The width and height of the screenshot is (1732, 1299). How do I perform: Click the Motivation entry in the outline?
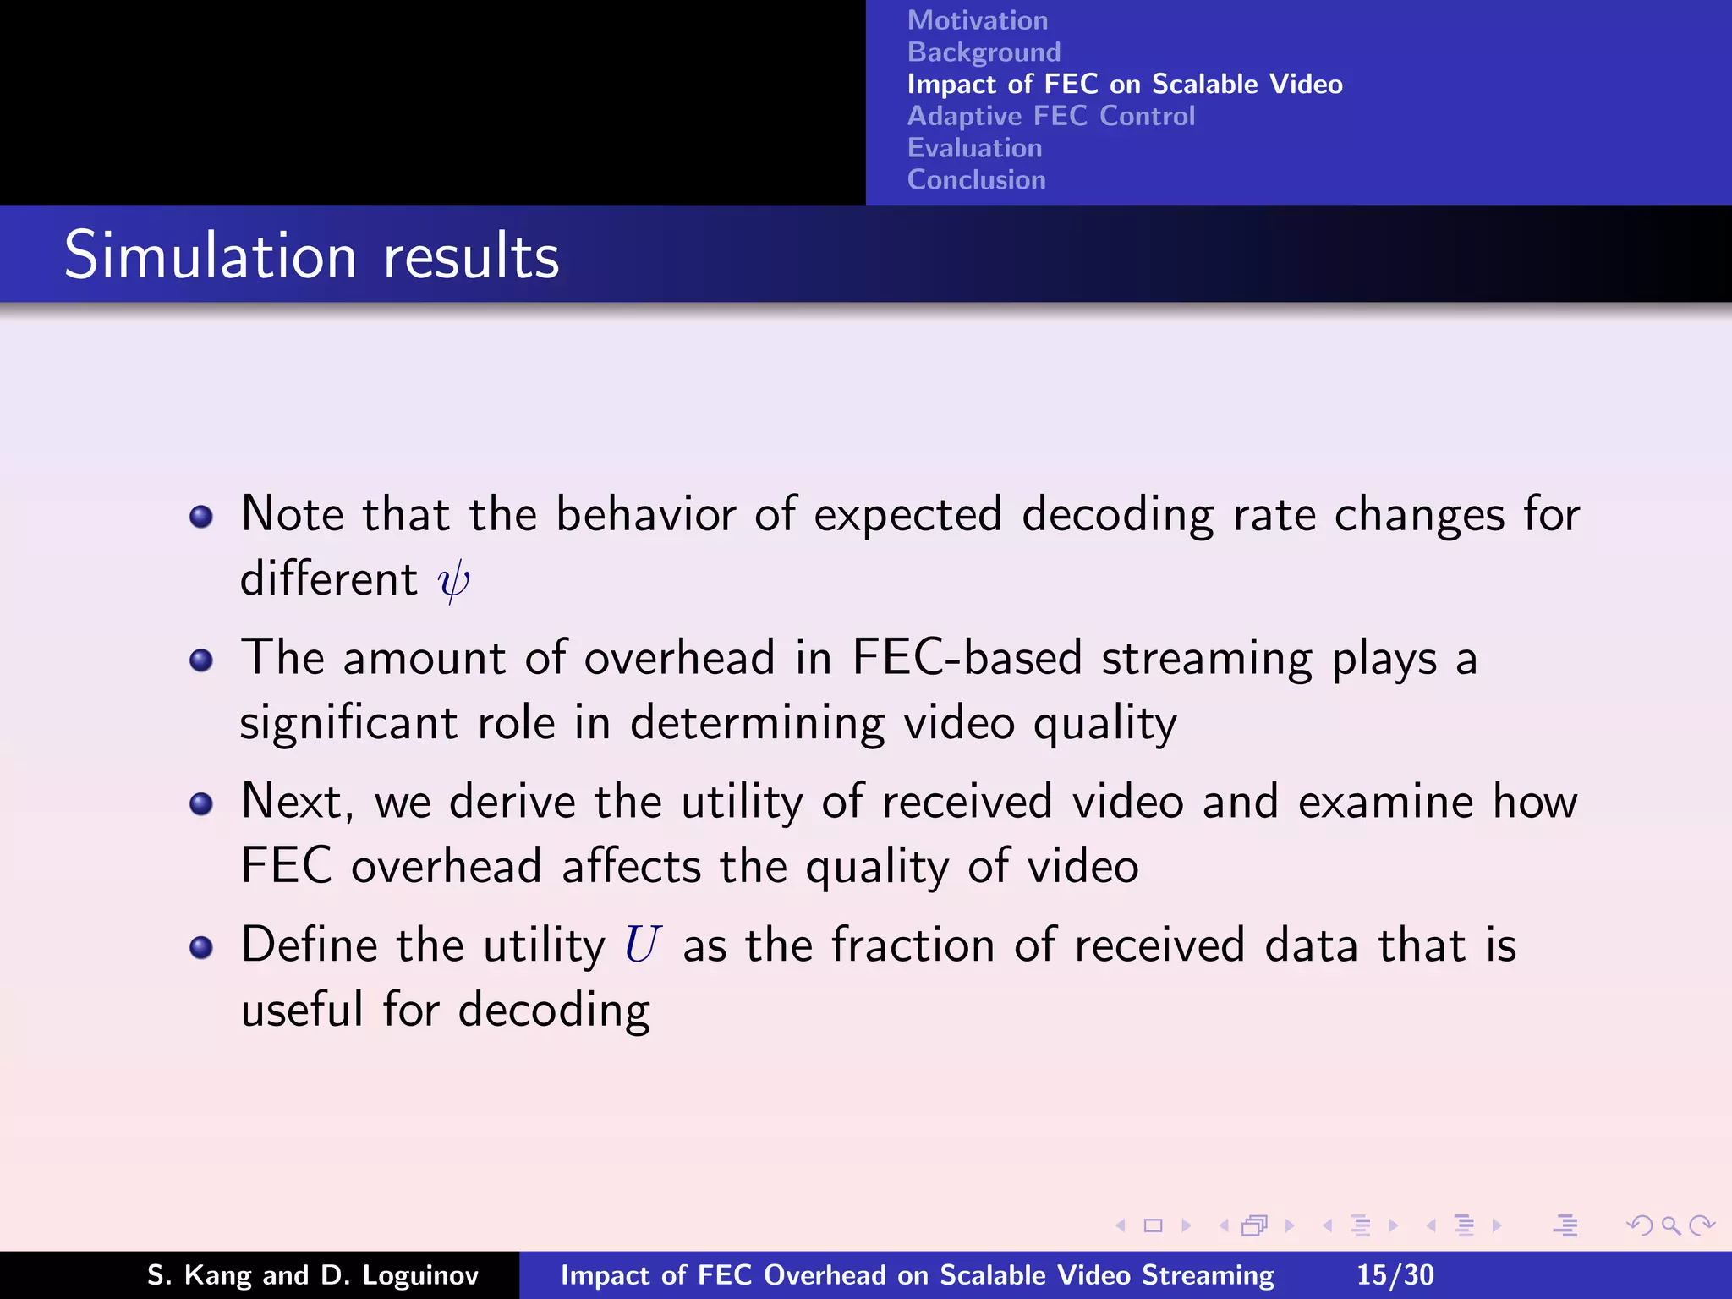(977, 20)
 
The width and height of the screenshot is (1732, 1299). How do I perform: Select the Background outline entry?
(984, 52)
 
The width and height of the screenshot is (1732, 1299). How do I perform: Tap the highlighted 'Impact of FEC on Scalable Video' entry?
(1124, 85)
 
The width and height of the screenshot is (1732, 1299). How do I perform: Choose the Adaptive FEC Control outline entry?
(1050, 116)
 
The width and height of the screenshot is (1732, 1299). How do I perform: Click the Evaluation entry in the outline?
(974, 148)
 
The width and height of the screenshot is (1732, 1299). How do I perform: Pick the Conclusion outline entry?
(976, 179)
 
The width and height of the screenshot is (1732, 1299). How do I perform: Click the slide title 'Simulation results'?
(311, 255)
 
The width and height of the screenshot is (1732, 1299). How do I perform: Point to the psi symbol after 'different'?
(453, 581)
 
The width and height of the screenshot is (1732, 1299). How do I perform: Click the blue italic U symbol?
(642, 945)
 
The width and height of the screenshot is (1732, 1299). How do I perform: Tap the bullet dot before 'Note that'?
(201, 516)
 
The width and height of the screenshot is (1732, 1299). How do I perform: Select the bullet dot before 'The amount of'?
(201, 660)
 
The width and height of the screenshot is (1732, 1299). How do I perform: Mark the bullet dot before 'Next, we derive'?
(201, 803)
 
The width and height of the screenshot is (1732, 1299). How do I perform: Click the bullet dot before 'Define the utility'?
(201, 947)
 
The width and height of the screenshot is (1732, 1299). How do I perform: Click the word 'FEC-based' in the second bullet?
(967, 658)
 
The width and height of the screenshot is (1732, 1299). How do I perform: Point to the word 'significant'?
(348, 724)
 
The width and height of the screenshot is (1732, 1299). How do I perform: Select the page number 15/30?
(1395, 1274)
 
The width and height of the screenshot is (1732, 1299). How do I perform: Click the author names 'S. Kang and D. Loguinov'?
(313, 1274)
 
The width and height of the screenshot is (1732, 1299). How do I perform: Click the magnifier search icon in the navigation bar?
(1670, 1225)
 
